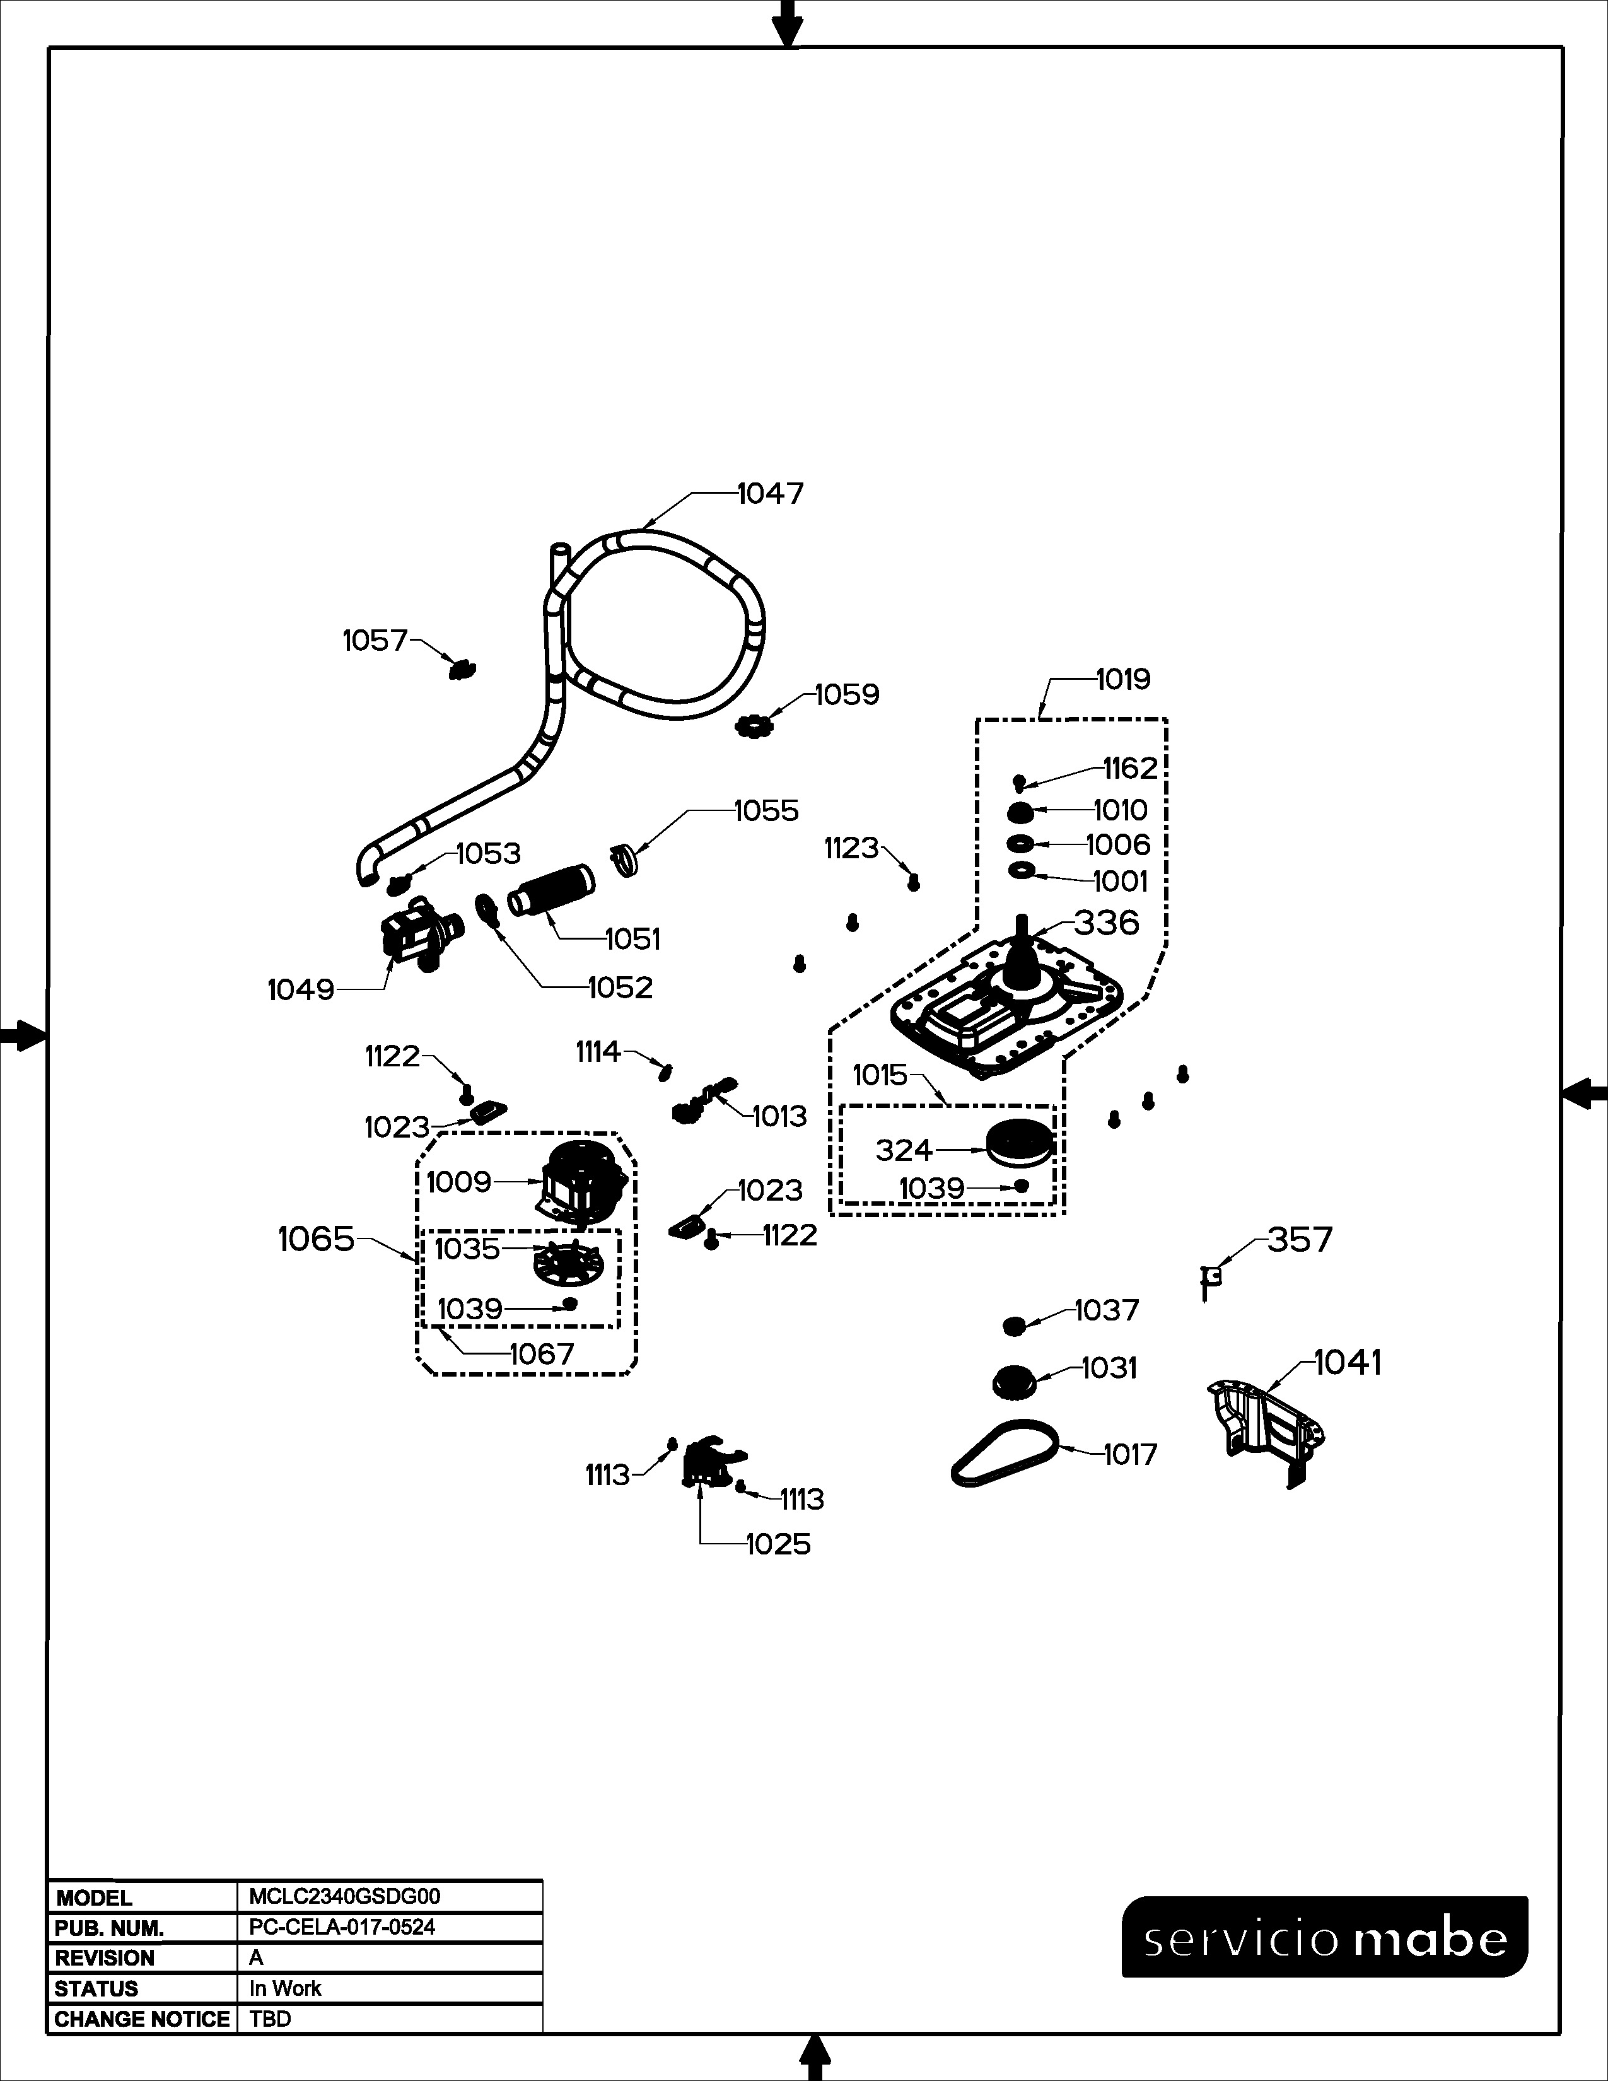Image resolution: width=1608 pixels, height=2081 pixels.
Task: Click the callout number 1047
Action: [771, 494]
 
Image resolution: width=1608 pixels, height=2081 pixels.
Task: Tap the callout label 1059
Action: [847, 695]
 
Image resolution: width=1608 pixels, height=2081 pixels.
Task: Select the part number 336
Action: [1107, 923]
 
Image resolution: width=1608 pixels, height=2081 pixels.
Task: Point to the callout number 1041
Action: [1348, 1363]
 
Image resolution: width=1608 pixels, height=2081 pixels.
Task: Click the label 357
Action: [1300, 1240]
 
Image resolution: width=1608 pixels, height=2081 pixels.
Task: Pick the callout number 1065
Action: [317, 1240]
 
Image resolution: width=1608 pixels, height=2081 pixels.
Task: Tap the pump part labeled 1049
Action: [420, 934]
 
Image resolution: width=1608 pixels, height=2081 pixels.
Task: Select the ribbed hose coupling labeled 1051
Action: [552, 890]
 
